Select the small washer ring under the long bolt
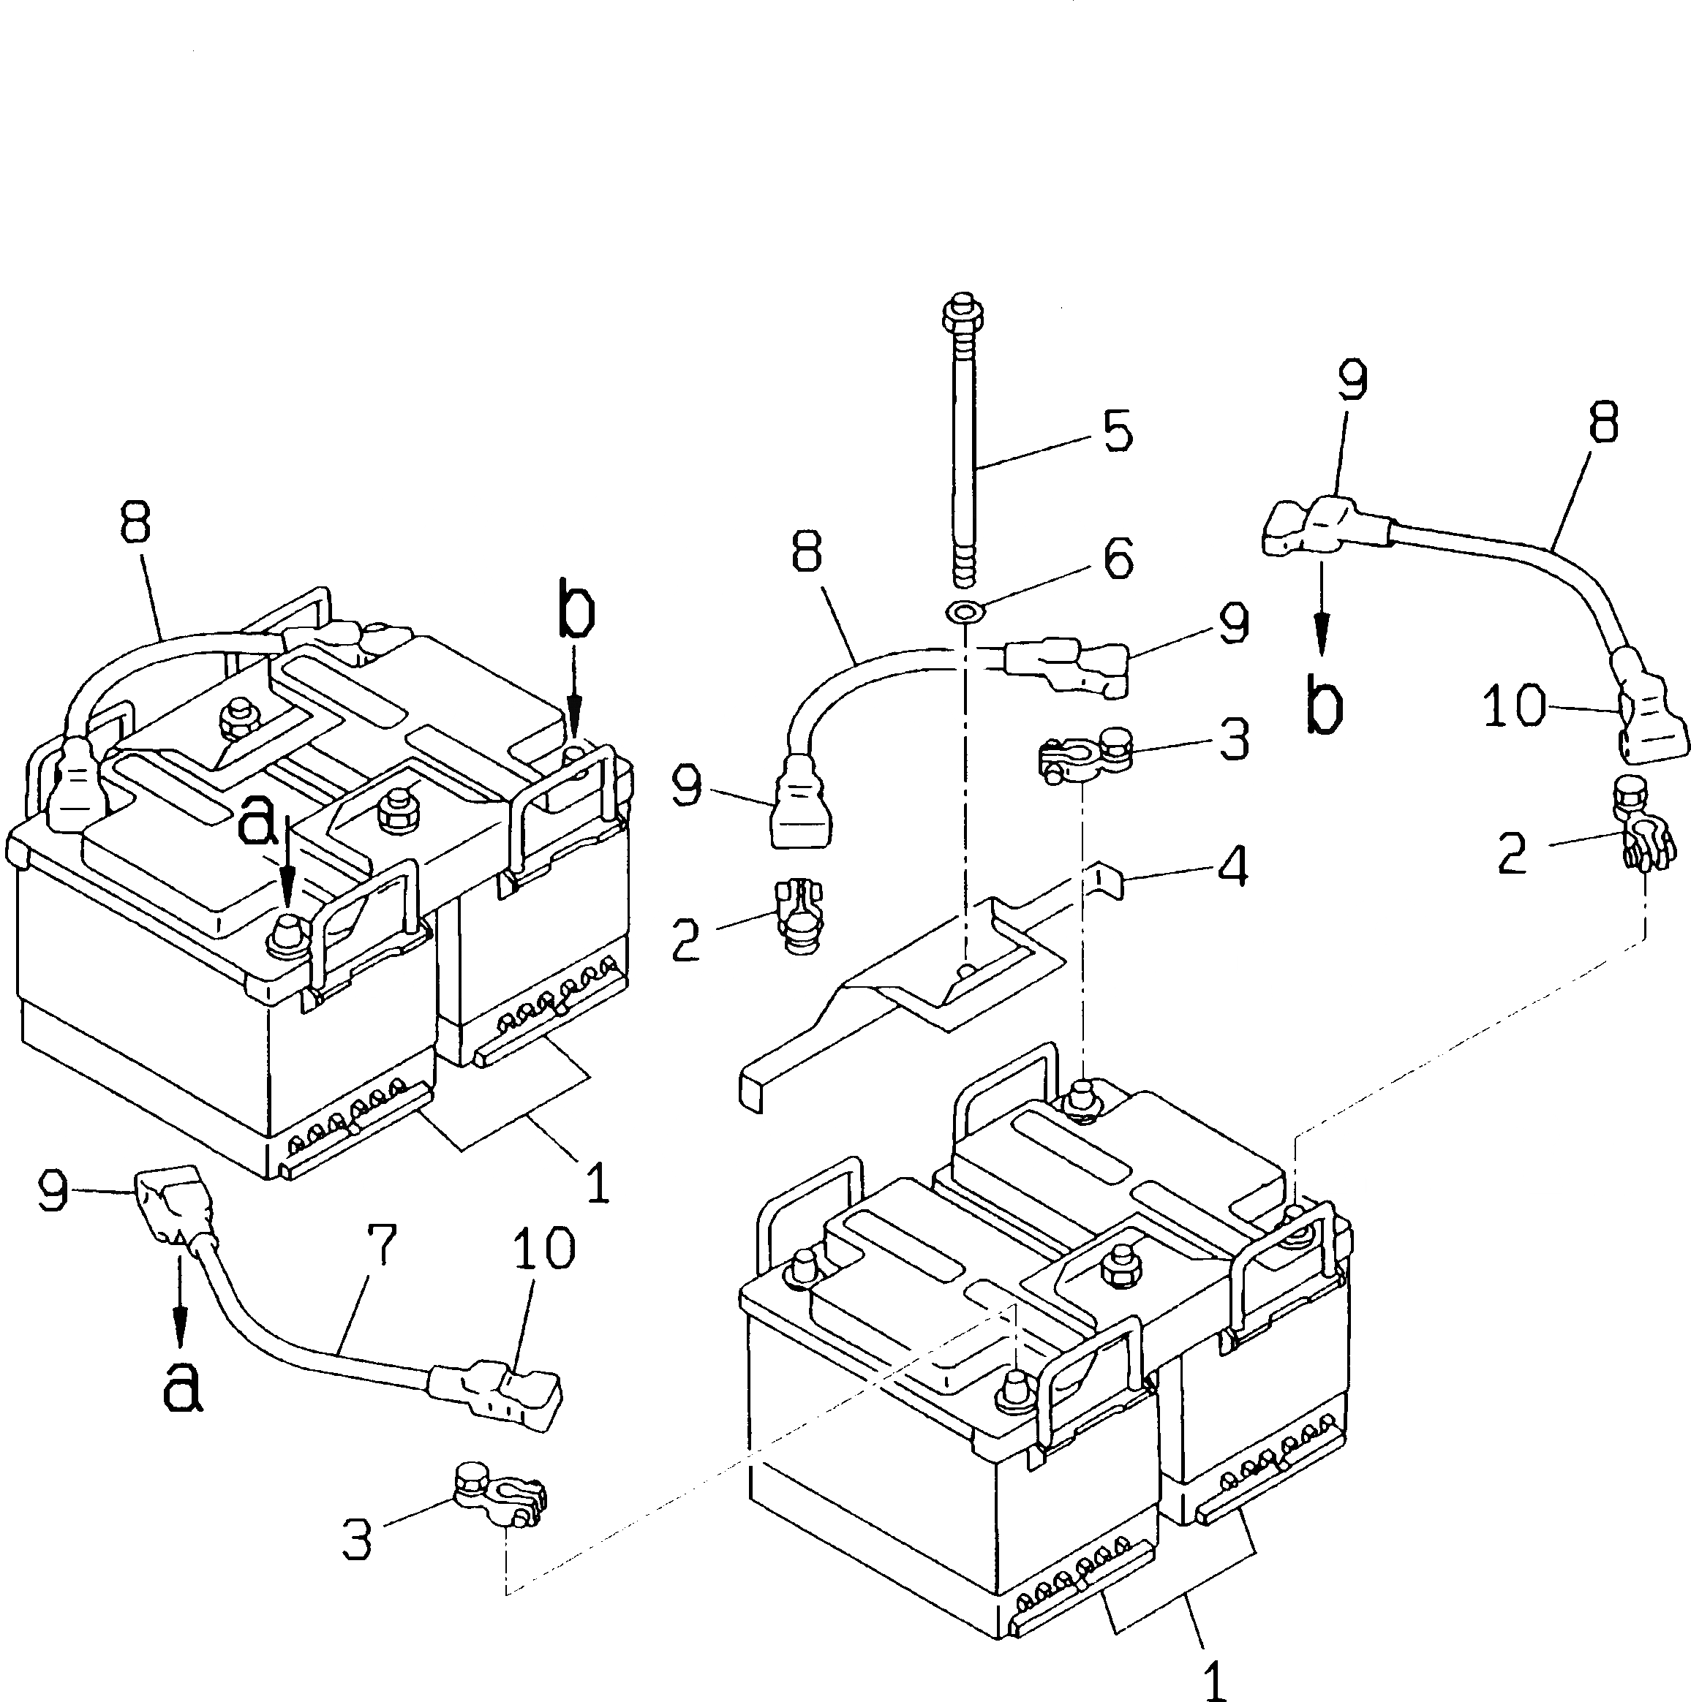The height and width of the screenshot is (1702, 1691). [x=964, y=609]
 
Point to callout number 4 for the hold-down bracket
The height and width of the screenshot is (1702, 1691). [x=1232, y=865]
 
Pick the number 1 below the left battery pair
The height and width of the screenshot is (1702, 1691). [x=597, y=1182]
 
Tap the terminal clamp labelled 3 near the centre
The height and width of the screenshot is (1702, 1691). [x=1080, y=753]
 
